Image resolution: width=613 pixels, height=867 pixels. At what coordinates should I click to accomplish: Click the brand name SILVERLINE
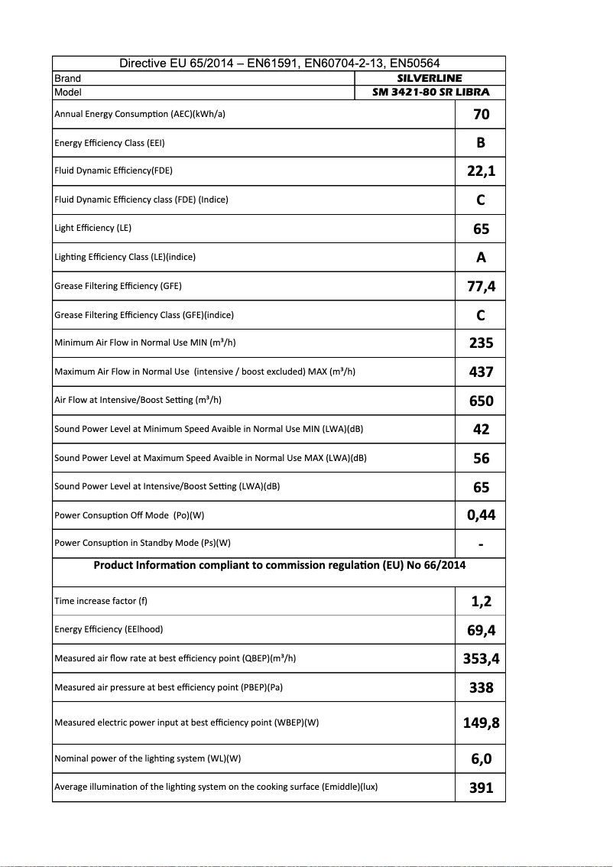tap(430, 78)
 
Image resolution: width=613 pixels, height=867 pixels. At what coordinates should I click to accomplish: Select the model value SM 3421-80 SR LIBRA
tap(430, 93)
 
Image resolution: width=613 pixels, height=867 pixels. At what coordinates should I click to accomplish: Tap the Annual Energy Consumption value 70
tap(481, 115)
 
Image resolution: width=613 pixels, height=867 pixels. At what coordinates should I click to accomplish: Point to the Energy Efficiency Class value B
tap(481, 143)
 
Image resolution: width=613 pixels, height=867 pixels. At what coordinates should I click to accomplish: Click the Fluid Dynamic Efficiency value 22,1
tap(481, 171)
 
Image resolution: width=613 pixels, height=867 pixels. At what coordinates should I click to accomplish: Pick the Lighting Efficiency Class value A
tap(481, 258)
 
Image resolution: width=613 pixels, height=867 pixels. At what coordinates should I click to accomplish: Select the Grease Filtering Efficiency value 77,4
tap(481, 287)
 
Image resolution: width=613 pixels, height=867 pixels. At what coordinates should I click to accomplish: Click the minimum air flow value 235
tap(481, 343)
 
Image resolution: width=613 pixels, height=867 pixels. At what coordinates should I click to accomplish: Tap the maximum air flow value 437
tap(481, 372)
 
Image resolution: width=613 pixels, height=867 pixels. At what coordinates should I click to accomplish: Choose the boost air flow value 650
tap(481, 401)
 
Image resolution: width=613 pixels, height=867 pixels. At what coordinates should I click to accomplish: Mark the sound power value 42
tap(481, 430)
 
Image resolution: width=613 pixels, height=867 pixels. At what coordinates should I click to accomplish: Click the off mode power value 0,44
tap(481, 515)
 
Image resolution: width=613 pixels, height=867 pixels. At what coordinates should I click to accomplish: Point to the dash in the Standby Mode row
tap(481, 544)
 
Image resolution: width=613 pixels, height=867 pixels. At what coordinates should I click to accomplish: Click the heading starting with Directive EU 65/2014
tap(279, 63)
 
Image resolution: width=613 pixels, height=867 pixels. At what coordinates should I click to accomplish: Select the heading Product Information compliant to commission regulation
tap(279, 566)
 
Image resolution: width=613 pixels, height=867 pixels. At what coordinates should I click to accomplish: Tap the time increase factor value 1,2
tap(481, 602)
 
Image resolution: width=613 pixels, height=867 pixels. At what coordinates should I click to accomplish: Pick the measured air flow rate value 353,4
tap(481, 659)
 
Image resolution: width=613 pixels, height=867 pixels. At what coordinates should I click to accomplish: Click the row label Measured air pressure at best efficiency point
tap(169, 687)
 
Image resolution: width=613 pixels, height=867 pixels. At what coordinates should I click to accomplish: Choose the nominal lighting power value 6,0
tap(481, 759)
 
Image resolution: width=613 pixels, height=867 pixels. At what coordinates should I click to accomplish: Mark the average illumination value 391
tap(481, 787)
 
